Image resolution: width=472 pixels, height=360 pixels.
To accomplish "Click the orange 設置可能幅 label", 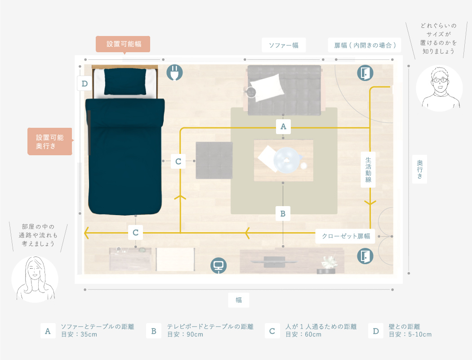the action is (x=123, y=44).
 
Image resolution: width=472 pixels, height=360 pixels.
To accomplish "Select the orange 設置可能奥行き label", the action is (x=50, y=142).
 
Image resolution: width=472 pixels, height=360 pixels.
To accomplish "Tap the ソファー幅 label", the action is (x=284, y=45).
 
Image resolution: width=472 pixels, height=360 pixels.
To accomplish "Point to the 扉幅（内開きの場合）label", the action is (x=365, y=45).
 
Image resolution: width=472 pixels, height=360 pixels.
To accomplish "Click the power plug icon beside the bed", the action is (x=174, y=72).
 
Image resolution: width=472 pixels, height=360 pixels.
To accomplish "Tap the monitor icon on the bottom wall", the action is (x=218, y=265).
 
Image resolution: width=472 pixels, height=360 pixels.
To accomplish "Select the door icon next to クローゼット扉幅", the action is (x=365, y=256).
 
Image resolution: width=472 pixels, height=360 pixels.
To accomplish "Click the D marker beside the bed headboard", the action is (x=85, y=83).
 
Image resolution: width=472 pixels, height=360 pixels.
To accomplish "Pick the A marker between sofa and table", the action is (x=283, y=126).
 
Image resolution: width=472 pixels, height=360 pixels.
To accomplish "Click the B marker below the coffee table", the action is (x=283, y=214).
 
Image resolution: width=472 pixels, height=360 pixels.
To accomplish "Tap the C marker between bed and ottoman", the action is (x=178, y=162).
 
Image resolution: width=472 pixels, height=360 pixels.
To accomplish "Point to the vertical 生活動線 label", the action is (x=368, y=170).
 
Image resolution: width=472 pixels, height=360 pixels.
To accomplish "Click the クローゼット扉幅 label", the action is (x=345, y=236).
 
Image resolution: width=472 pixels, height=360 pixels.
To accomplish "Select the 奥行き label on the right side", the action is (x=419, y=170).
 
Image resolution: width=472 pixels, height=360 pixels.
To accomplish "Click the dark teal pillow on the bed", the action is (x=125, y=81).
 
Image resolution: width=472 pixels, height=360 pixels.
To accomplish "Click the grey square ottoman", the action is (x=214, y=161).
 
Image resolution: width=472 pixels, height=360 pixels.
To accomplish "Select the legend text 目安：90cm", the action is (x=185, y=334).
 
